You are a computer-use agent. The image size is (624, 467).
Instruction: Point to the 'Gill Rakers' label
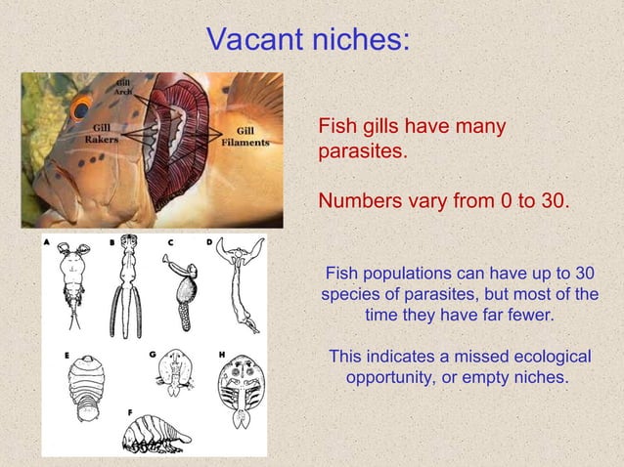pyautogui.click(x=102, y=133)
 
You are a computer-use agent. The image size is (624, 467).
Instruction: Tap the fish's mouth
pyautogui.click(x=39, y=195)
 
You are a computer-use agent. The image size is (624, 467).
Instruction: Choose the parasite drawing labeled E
pyautogui.click(x=87, y=386)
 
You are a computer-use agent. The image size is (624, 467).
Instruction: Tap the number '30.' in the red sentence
pyautogui.click(x=549, y=201)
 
